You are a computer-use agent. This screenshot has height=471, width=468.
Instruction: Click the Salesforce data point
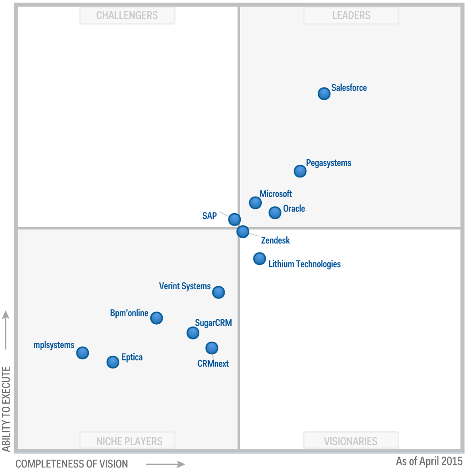pyautogui.click(x=324, y=94)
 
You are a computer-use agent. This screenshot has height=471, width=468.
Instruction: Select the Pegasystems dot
pyautogui.click(x=300, y=171)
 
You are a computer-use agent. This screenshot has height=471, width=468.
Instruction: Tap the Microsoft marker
pyautogui.click(x=255, y=203)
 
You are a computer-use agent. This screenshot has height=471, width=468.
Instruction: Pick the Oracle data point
pyautogui.click(x=274, y=212)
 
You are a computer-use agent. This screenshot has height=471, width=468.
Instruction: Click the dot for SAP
pyautogui.click(x=234, y=219)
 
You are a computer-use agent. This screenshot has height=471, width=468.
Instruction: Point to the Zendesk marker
pyautogui.click(x=243, y=231)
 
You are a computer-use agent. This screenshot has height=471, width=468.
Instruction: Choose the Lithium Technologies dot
pyautogui.click(x=260, y=259)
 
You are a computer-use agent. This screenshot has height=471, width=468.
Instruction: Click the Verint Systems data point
pyautogui.click(x=218, y=292)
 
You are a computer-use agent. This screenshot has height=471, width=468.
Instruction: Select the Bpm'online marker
pyautogui.click(x=156, y=318)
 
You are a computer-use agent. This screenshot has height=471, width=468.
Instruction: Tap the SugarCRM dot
pyautogui.click(x=193, y=333)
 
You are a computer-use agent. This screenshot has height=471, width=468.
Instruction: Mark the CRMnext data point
pyautogui.click(x=211, y=348)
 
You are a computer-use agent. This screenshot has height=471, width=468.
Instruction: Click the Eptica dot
pyautogui.click(x=113, y=362)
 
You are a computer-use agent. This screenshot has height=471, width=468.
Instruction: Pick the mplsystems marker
pyautogui.click(x=82, y=353)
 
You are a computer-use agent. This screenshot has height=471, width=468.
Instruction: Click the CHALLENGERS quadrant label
pyautogui.click(x=127, y=15)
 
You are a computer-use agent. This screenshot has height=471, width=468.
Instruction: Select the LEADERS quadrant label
pyautogui.click(x=351, y=15)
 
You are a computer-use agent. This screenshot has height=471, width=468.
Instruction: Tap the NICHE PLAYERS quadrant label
pyautogui.click(x=129, y=441)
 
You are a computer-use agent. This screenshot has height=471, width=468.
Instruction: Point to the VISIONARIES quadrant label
pyautogui.click(x=350, y=441)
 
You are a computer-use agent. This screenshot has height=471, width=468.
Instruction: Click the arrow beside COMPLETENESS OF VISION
pyautogui.click(x=165, y=464)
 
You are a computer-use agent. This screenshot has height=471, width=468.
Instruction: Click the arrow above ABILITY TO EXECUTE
pyautogui.click(x=6, y=330)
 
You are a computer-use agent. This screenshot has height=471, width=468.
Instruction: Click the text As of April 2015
pyautogui.click(x=429, y=461)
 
